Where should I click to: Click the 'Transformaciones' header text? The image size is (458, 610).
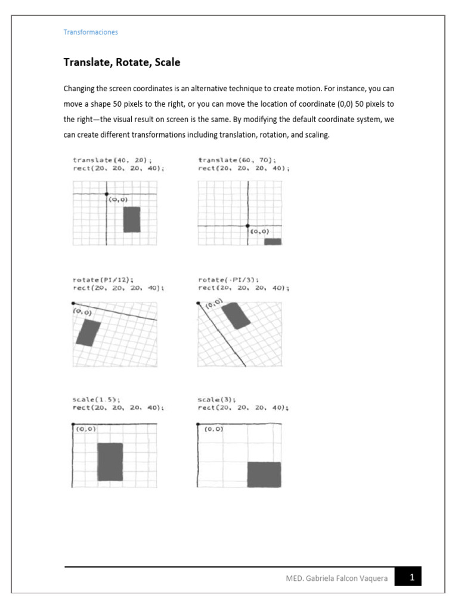click(x=91, y=32)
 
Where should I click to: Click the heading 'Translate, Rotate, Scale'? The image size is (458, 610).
click(x=122, y=63)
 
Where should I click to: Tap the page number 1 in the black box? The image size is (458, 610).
click(x=411, y=577)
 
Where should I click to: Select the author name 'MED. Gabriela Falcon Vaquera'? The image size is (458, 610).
click(x=337, y=578)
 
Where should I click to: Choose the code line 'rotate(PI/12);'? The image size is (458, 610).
click(x=103, y=279)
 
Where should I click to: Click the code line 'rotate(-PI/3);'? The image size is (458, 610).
click(x=228, y=279)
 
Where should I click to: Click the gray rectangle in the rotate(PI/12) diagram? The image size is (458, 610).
click(x=88, y=332)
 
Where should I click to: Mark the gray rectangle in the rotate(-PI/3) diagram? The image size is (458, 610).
click(x=236, y=315)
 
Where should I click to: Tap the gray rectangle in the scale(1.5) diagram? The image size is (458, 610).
click(x=110, y=462)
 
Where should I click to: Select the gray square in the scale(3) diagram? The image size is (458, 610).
click(x=264, y=474)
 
